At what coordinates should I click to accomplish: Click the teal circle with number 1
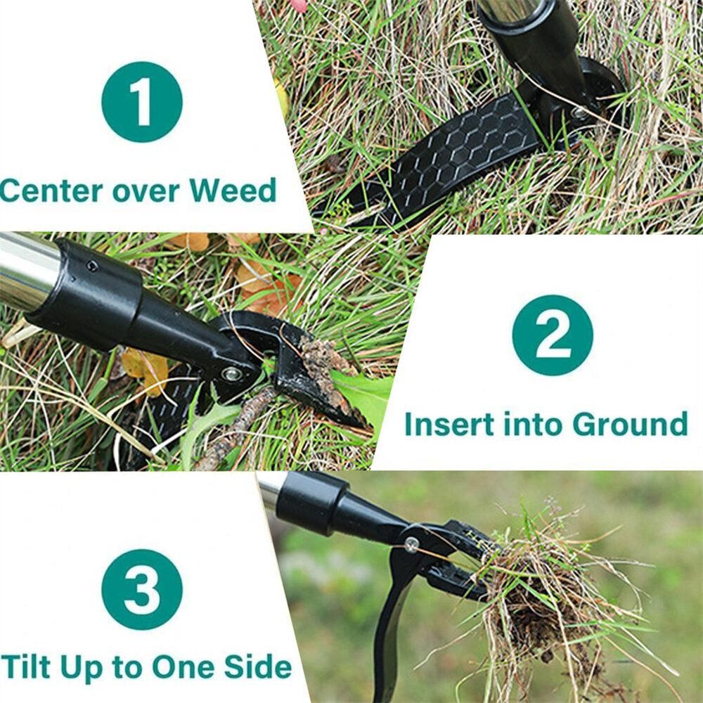[x=142, y=102]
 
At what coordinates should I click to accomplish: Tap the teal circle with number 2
[x=553, y=335]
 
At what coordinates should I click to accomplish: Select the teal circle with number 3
[x=142, y=590]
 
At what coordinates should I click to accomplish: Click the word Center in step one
[x=51, y=191]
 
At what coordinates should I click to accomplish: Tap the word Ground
[x=630, y=424]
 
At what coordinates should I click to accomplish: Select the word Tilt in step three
[x=25, y=666]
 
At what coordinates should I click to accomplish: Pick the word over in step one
[x=146, y=191]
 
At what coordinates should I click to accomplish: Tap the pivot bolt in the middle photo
[x=232, y=374]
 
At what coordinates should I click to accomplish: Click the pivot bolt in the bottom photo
[x=411, y=544]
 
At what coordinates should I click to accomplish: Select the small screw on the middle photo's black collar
[x=92, y=266]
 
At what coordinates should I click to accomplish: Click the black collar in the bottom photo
[x=311, y=503]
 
